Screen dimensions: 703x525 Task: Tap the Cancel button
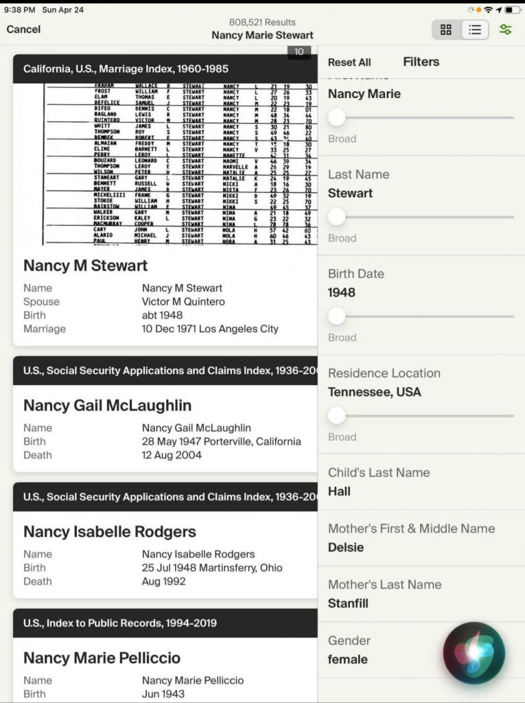pyautogui.click(x=23, y=30)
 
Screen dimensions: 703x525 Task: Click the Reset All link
pyautogui.click(x=349, y=62)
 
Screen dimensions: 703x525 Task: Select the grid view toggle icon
pyautogui.click(x=446, y=30)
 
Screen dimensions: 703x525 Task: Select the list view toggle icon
pyautogui.click(x=475, y=30)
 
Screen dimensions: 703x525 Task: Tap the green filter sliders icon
pyautogui.click(x=506, y=30)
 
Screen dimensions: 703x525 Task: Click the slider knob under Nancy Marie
pyautogui.click(x=337, y=117)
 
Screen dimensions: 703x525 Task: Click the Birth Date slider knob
pyautogui.click(x=337, y=316)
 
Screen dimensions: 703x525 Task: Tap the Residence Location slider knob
pyautogui.click(x=337, y=415)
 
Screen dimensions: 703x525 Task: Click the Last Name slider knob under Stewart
pyautogui.click(x=337, y=217)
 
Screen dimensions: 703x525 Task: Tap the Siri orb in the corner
pyautogui.click(x=474, y=653)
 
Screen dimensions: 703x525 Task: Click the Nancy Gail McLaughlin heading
pyautogui.click(x=107, y=406)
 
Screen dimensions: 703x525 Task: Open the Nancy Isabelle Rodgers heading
pyautogui.click(x=109, y=532)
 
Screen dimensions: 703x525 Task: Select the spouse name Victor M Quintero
pyautogui.click(x=183, y=301)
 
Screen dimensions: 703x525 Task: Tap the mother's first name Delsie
pyautogui.click(x=346, y=547)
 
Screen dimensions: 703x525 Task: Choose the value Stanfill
pyautogui.click(x=348, y=603)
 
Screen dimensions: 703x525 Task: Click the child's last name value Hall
pyautogui.click(x=339, y=491)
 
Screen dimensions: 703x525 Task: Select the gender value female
pyautogui.click(x=347, y=659)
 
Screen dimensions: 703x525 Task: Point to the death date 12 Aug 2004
pyautogui.click(x=172, y=454)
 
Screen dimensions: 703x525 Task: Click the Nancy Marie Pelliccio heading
pyautogui.click(x=102, y=658)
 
